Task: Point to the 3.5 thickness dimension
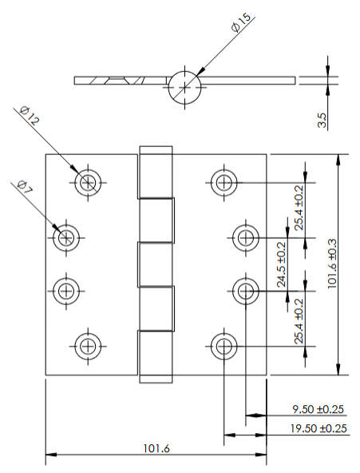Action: pos(322,120)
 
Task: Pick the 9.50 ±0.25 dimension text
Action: pos(317,409)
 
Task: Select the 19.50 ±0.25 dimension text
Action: pos(317,429)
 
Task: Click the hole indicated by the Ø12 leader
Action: pos(88,182)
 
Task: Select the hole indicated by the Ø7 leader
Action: pos(65,236)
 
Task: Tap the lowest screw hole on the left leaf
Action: pos(88,346)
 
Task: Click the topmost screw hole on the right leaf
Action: pos(224,182)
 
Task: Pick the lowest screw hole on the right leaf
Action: pos(224,346)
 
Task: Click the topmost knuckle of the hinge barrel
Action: pos(156,171)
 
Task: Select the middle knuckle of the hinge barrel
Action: pos(156,263)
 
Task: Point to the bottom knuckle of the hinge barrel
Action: pos(156,356)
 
